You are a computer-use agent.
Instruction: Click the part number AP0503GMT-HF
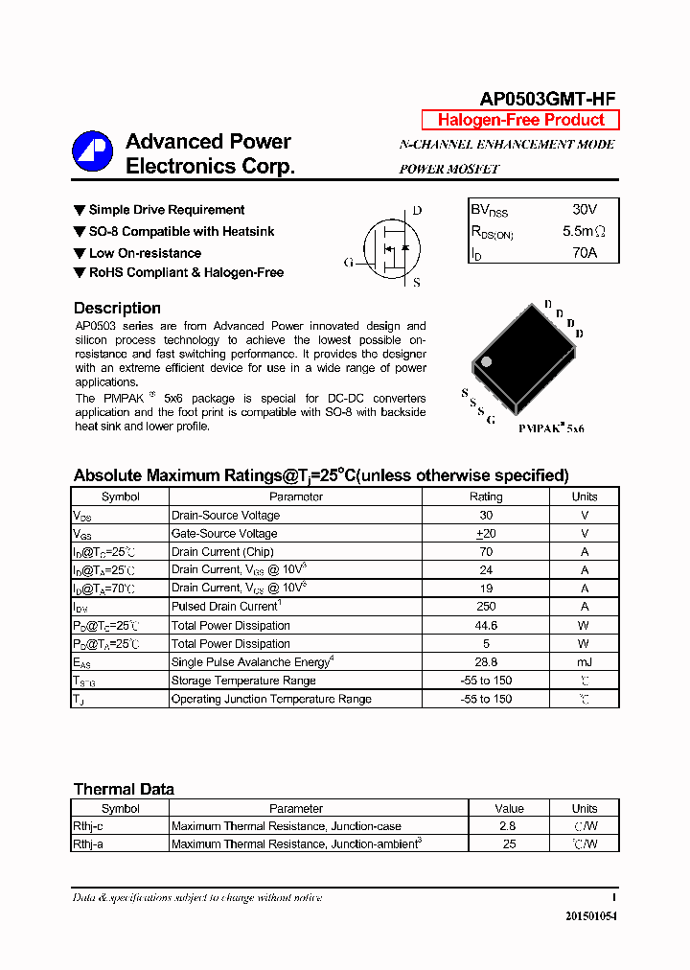pyautogui.click(x=547, y=99)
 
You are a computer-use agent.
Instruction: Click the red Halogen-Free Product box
pyautogui.click(x=520, y=120)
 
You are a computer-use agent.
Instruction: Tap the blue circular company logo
pyautogui.click(x=93, y=151)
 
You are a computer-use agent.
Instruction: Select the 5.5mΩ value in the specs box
pyautogui.click(x=584, y=231)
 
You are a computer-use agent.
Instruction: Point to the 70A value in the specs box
pyautogui.click(x=584, y=253)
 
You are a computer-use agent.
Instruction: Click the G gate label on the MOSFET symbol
pyautogui.click(x=349, y=262)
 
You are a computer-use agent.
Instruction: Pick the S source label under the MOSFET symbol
pyautogui.click(x=417, y=283)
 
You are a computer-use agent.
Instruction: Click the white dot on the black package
pyautogui.click(x=486, y=361)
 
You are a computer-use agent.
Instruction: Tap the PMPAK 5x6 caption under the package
pyautogui.click(x=551, y=428)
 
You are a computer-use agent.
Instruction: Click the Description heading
pyautogui.click(x=117, y=308)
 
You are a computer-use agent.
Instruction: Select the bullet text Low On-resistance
pyautogui.click(x=145, y=253)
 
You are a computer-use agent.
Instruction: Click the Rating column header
pyautogui.click(x=485, y=497)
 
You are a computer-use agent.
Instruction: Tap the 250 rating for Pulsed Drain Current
pyautogui.click(x=485, y=607)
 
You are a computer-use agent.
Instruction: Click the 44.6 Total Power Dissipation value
pyautogui.click(x=485, y=625)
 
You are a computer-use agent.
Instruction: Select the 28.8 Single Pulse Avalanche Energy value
pyautogui.click(x=485, y=662)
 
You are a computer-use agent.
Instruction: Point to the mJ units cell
pyautogui.click(x=585, y=662)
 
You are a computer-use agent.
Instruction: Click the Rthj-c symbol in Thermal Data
pyautogui.click(x=88, y=826)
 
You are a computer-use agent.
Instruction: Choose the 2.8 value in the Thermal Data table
pyautogui.click(x=508, y=826)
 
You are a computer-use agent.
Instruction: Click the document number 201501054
pyautogui.click(x=591, y=916)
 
